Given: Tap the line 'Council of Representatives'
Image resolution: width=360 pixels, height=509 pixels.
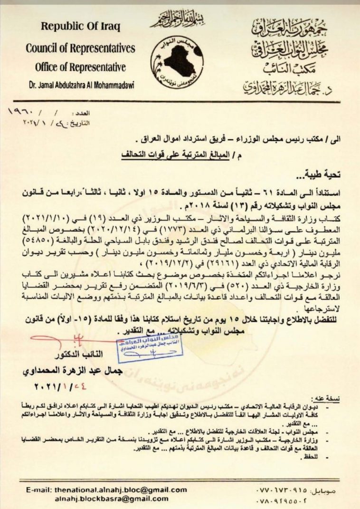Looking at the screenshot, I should coord(80,48).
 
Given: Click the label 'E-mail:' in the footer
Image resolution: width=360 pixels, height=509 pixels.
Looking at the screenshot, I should coord(39,489).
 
